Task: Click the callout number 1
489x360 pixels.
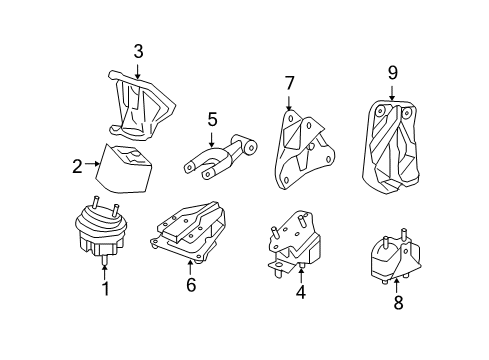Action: click(x=105, y=291)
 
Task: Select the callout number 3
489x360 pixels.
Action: click(x=139, y=51)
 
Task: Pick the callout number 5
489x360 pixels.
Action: click(x=212, y=120)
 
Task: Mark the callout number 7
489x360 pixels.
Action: click(x=290, y=82)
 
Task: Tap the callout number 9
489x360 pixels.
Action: click(x=392, y=72)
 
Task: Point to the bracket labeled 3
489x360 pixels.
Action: click(x=141, y=105)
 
